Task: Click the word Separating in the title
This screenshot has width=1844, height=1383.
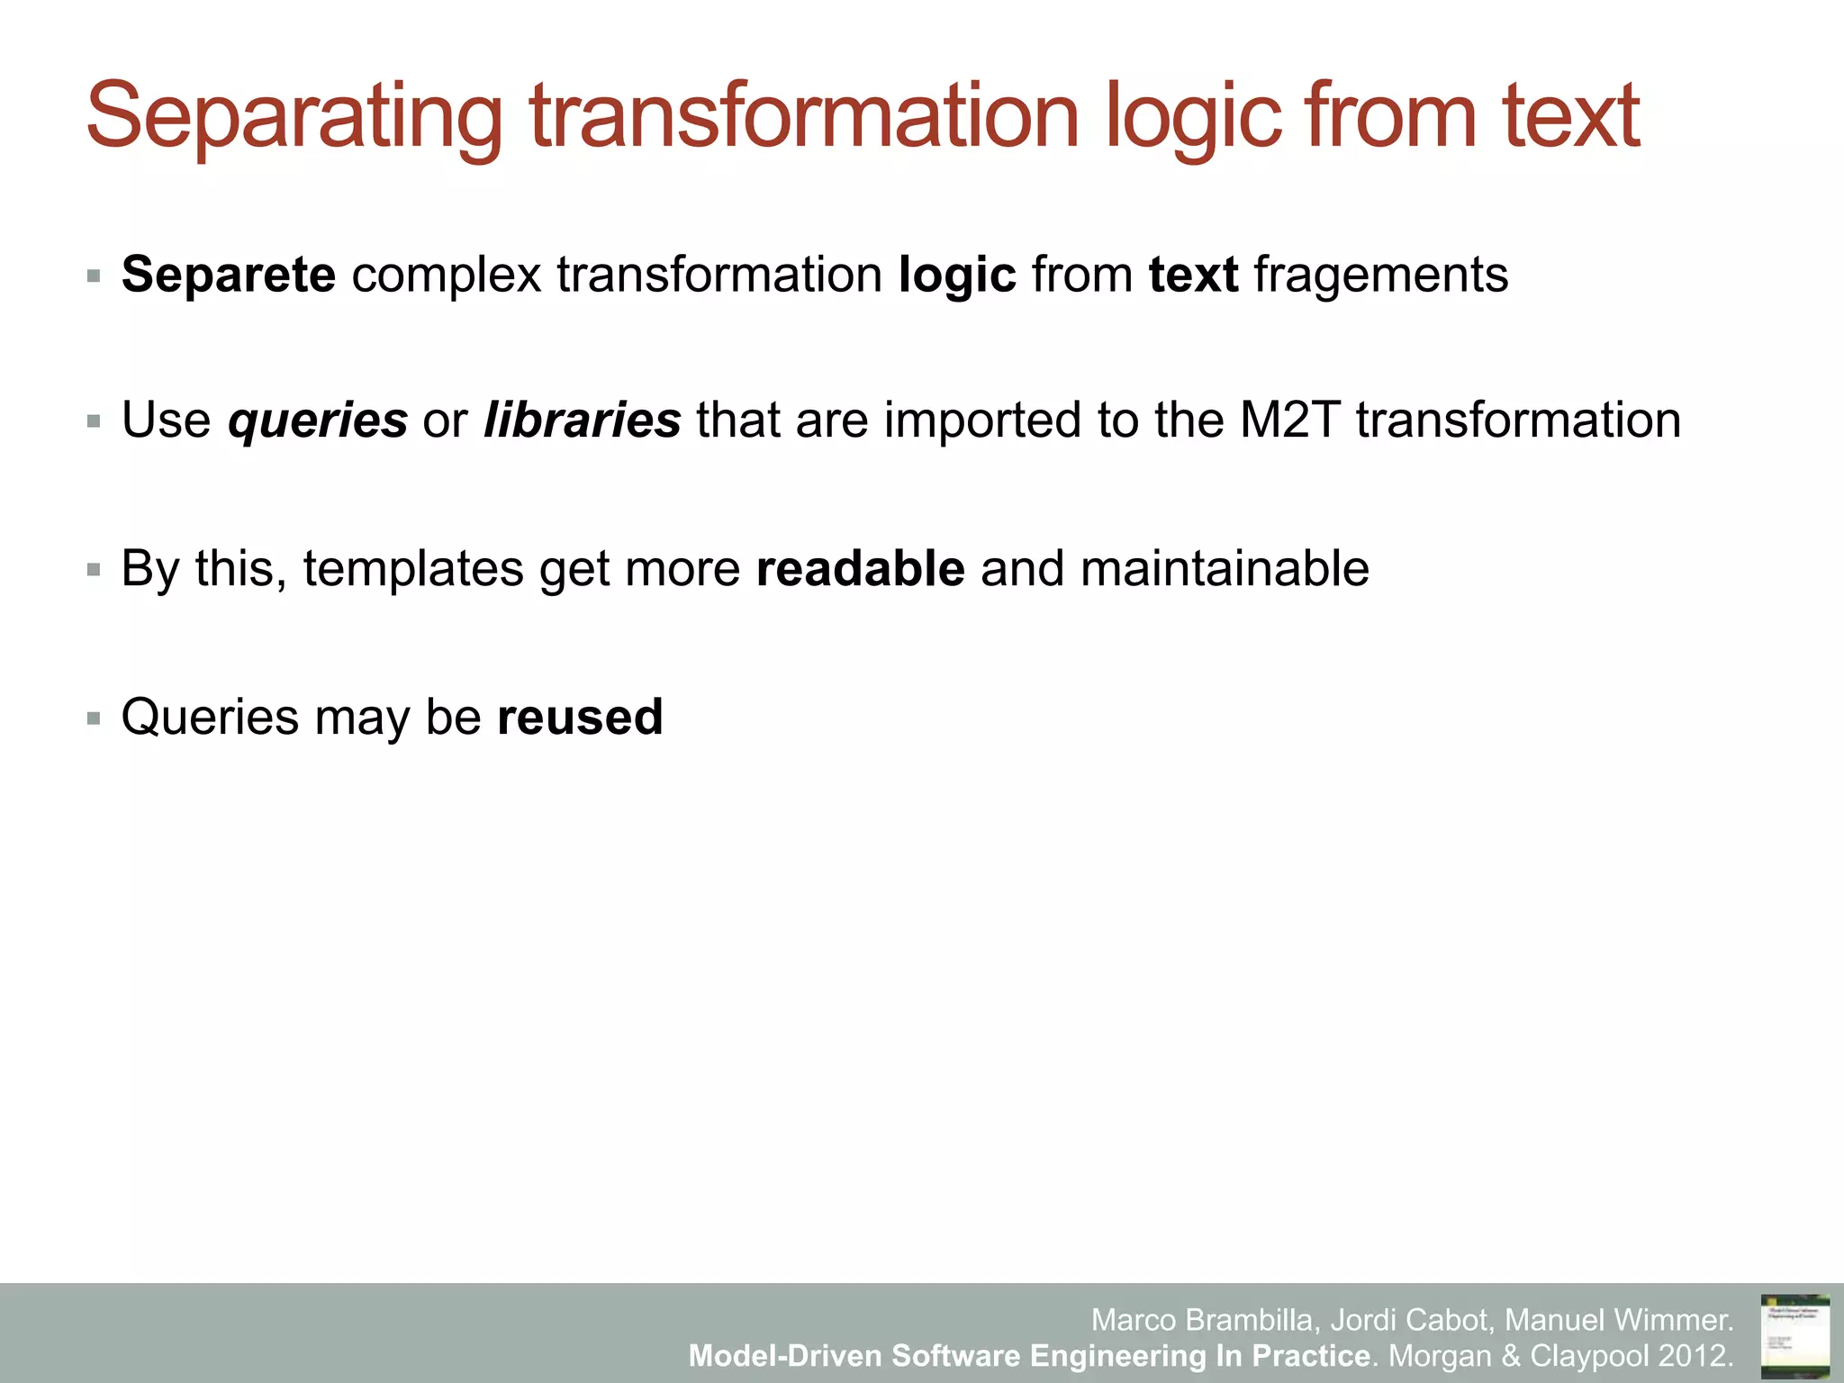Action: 294,117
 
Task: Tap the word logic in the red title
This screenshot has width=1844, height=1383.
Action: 1192,117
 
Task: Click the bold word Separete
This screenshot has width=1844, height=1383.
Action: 229,275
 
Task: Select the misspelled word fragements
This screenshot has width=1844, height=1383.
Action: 1380,275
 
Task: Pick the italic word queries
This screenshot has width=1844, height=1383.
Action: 318,420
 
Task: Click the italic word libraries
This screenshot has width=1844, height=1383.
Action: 582,420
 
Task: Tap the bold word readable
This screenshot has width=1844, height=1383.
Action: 860,569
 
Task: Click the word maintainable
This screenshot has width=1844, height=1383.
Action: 1225,569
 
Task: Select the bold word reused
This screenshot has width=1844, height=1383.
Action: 580,718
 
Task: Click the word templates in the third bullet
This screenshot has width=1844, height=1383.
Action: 413,569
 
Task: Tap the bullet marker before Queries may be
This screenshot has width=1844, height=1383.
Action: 94,719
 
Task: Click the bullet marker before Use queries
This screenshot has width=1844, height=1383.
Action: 94,421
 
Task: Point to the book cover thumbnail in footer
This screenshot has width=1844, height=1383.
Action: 1794,1335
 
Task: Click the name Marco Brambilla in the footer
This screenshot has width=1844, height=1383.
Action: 1206,1320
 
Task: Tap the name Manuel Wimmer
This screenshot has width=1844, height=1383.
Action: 1618,1320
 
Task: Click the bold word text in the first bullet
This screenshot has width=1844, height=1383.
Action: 1193,275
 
